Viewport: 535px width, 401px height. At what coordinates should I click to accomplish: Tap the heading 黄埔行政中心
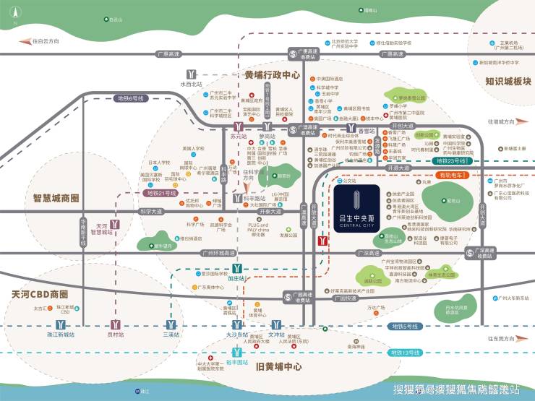click(x=272, y=74)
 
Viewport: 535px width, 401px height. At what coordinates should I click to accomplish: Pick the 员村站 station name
click(x=116, y=335)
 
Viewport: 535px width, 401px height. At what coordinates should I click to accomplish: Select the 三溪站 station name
click(x=171, y=335)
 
